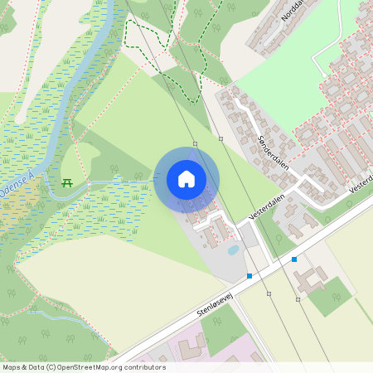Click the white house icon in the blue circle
click(x=186, y=179)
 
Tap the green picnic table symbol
click(x=67, y=182)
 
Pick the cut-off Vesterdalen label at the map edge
click(x=361, y=184)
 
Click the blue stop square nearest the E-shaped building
click(x=294, y=259)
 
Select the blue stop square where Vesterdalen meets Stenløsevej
click(x=249, y=275)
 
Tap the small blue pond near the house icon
click(x=234, y=249)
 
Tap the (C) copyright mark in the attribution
click(x=51, y=367)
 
